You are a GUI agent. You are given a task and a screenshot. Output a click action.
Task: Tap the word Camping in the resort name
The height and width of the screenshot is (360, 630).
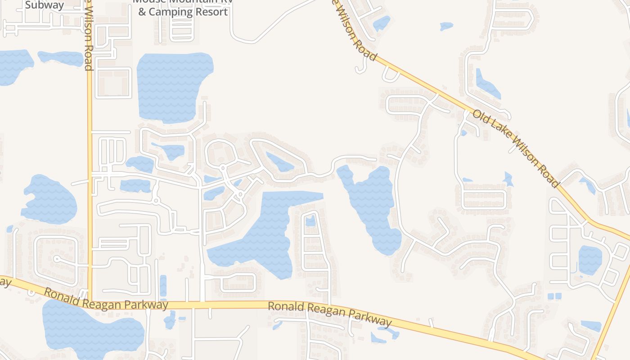click(x=169, y=12)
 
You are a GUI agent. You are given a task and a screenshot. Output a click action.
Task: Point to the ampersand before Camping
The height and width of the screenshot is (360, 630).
click(x=142, y=12)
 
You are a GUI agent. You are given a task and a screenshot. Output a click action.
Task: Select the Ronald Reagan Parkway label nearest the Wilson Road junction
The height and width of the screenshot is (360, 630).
click(x=106, y=300)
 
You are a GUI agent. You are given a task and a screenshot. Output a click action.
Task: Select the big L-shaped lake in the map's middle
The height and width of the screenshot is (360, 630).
click(x=265, y=234)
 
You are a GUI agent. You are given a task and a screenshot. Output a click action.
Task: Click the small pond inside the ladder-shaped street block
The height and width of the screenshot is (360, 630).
click(x=310, y=221)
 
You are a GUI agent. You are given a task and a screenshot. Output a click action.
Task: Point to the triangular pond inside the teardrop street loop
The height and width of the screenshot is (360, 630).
click(x=279, y=162)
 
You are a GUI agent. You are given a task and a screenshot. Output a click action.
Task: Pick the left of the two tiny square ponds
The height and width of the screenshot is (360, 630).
click(x=551, y=296)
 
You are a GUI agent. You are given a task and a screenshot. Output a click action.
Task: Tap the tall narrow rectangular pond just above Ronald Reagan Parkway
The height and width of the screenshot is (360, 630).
click(x=163, y=285)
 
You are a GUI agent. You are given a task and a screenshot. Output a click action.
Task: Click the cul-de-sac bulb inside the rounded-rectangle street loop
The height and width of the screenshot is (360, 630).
click(x=57, y=259)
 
